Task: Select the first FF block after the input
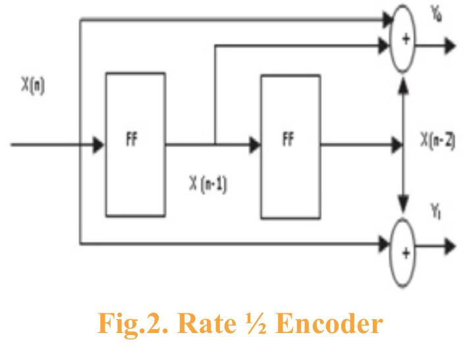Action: coord(135,145)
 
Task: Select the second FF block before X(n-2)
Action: coord(290,145)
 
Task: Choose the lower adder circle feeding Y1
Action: coord(406,247)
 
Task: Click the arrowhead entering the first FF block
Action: coord(97,145)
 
